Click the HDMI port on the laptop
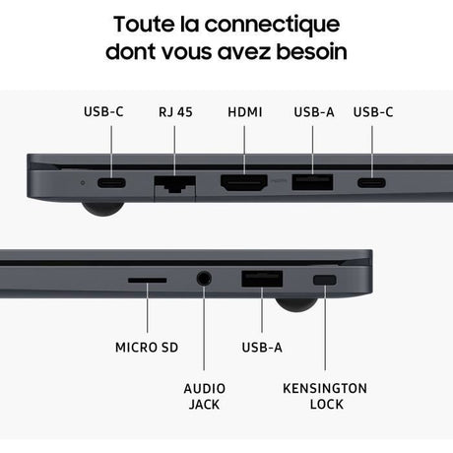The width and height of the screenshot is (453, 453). point(244,183)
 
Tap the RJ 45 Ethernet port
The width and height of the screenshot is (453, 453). point(175,184)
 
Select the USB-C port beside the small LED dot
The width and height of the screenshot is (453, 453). point(111,182)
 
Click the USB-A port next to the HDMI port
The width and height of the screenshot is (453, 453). point(312,182)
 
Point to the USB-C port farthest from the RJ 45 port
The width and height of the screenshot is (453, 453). point(371,182)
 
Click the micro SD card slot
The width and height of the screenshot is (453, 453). point(148,280)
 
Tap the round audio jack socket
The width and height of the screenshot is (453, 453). point(204,279)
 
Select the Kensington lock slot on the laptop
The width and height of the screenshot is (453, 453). point(325,280)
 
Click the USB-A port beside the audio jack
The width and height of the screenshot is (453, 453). point(262,279)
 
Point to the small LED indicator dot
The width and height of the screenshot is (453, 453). point(83,183)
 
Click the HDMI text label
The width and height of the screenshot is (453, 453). point(245,112)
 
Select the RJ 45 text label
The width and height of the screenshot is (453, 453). point(175,112)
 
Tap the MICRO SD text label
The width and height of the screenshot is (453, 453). point(147,348)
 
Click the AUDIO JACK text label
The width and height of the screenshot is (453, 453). point(204,396)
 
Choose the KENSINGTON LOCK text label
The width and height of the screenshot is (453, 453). point(325,396)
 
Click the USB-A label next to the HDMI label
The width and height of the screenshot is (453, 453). point(314,112)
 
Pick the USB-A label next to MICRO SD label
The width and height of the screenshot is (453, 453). point(262,348)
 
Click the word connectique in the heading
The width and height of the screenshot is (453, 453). point(272,25)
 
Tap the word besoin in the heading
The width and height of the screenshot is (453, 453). point(312,52)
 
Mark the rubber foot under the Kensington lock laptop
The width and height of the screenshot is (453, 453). point(296,303)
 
